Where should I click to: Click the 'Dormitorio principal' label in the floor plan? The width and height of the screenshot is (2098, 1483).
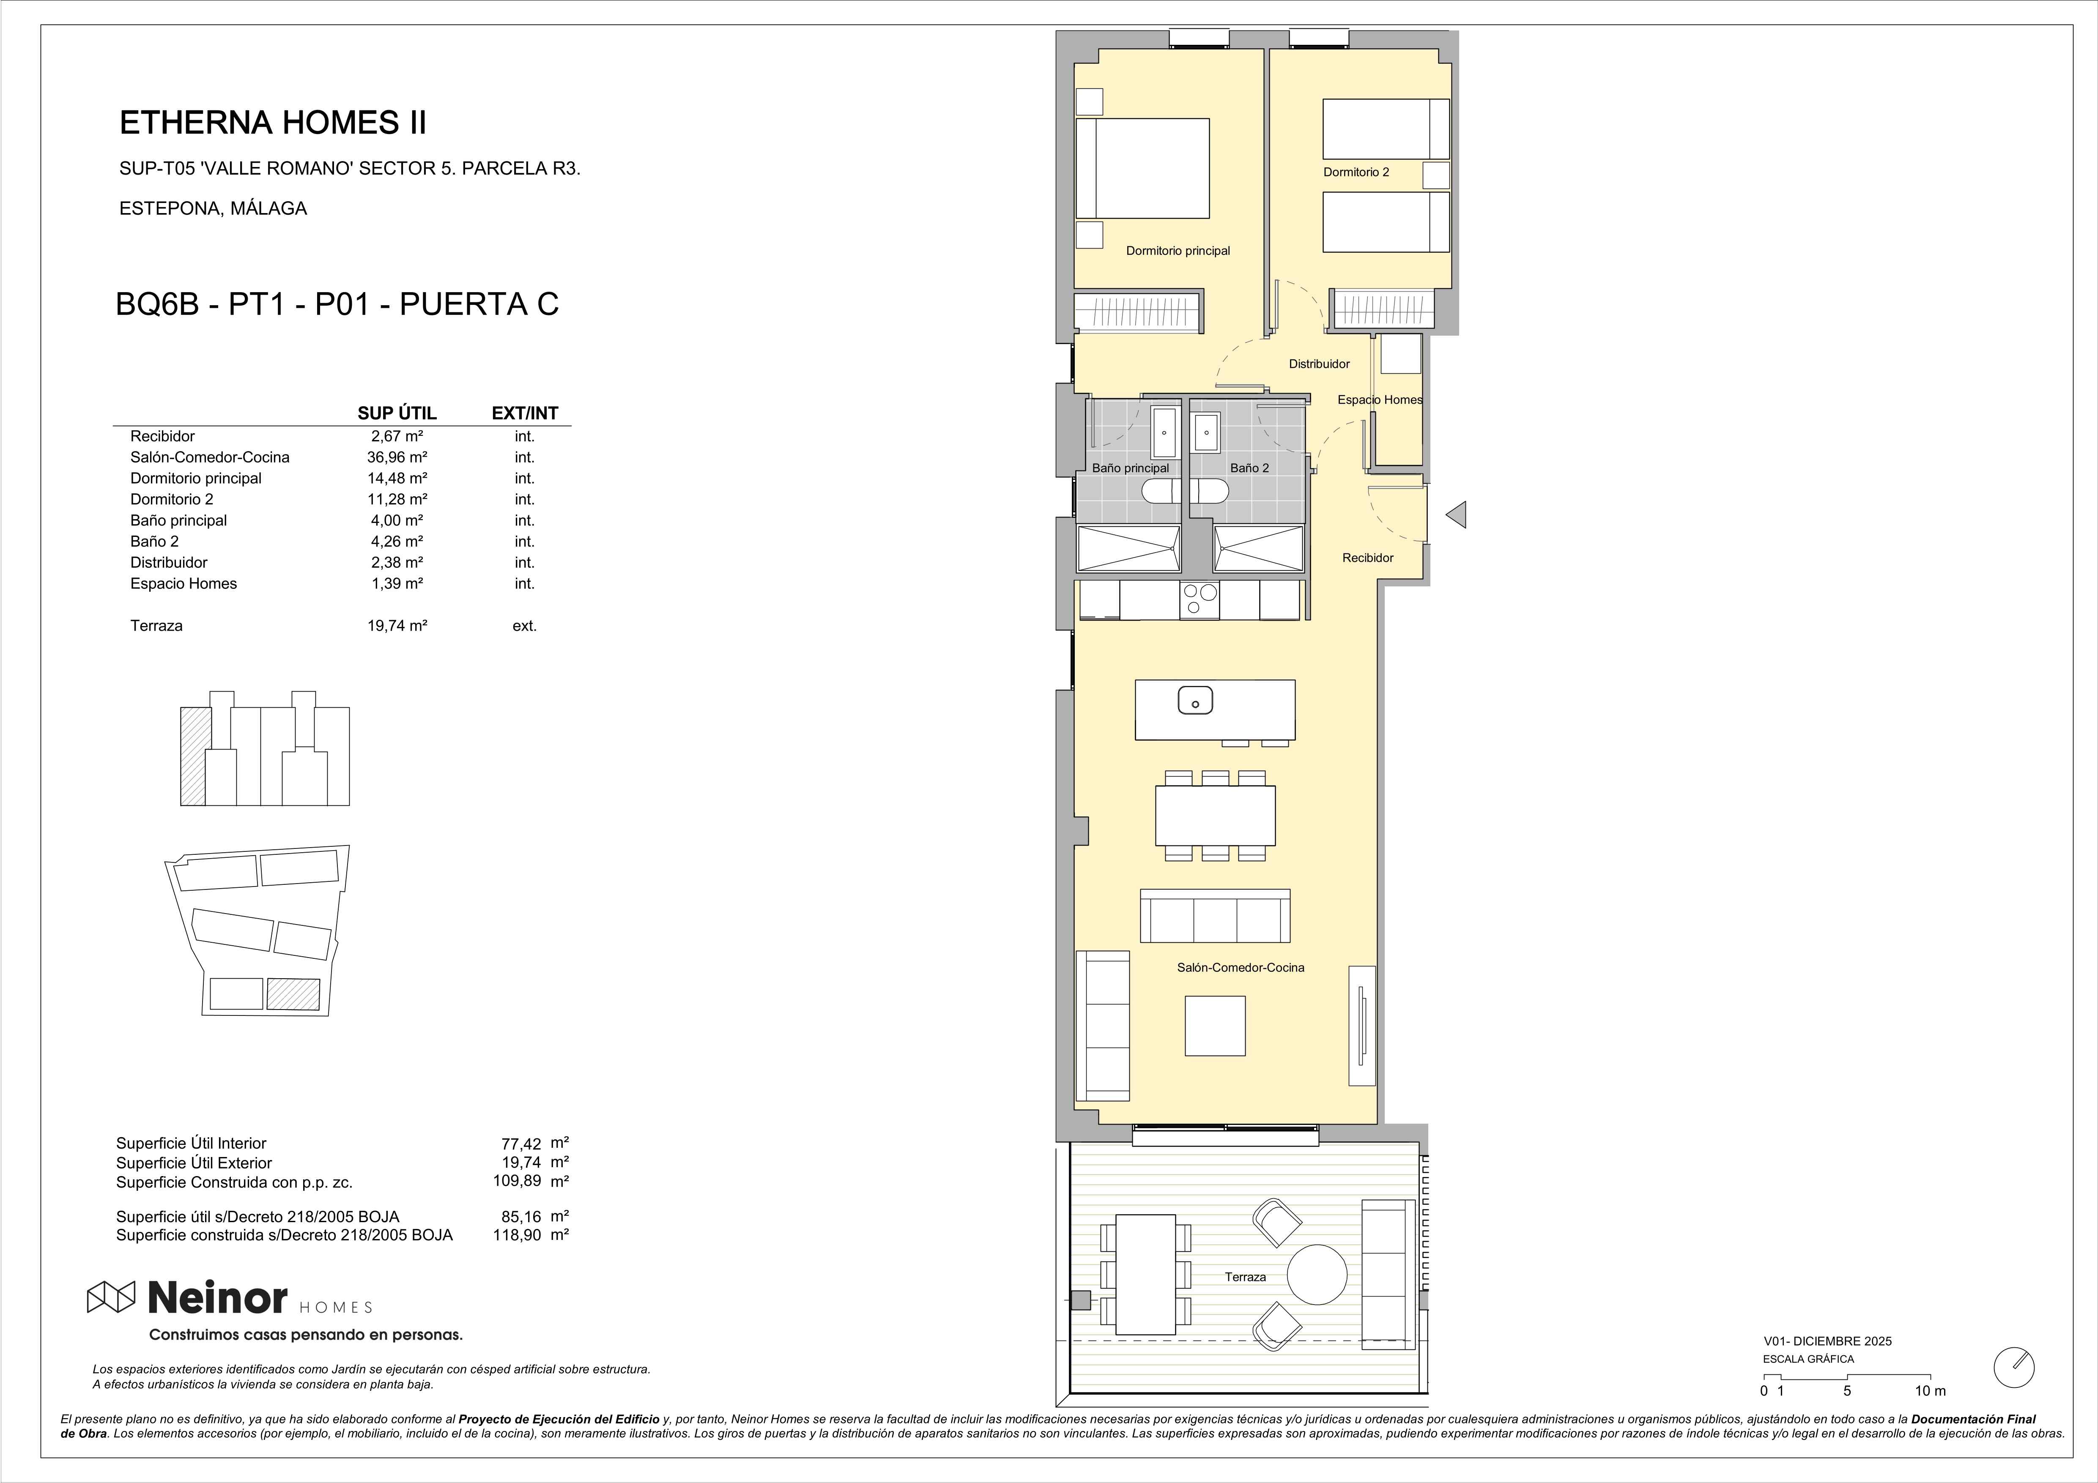1178,250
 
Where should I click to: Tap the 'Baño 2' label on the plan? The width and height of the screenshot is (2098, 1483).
1249,468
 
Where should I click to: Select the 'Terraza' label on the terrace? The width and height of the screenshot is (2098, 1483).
1246,1277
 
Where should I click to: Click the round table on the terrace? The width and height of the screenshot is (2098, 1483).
1317,1274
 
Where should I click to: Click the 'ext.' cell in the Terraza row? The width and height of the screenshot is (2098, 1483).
524,626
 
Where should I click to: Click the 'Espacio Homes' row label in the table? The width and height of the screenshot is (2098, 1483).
184,583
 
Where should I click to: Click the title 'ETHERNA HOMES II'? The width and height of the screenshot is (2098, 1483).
273,123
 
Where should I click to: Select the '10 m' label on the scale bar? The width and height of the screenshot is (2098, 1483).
1931,1391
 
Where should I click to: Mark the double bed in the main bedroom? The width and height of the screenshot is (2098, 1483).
1142,168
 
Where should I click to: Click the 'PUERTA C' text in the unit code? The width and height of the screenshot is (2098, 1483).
479,304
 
